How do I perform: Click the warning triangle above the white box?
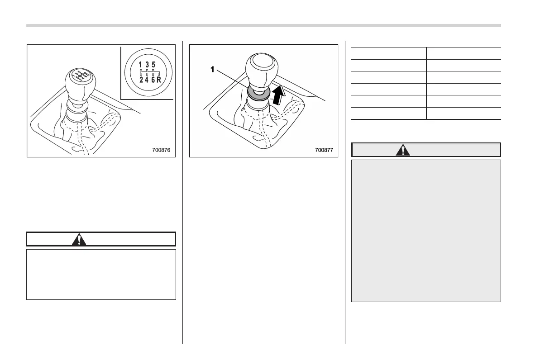[x=79, y=239]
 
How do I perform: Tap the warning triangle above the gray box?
[x=403, y=150]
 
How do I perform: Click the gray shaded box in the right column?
[x=426, y=230]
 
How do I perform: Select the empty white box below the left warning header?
[x=101, y=274]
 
